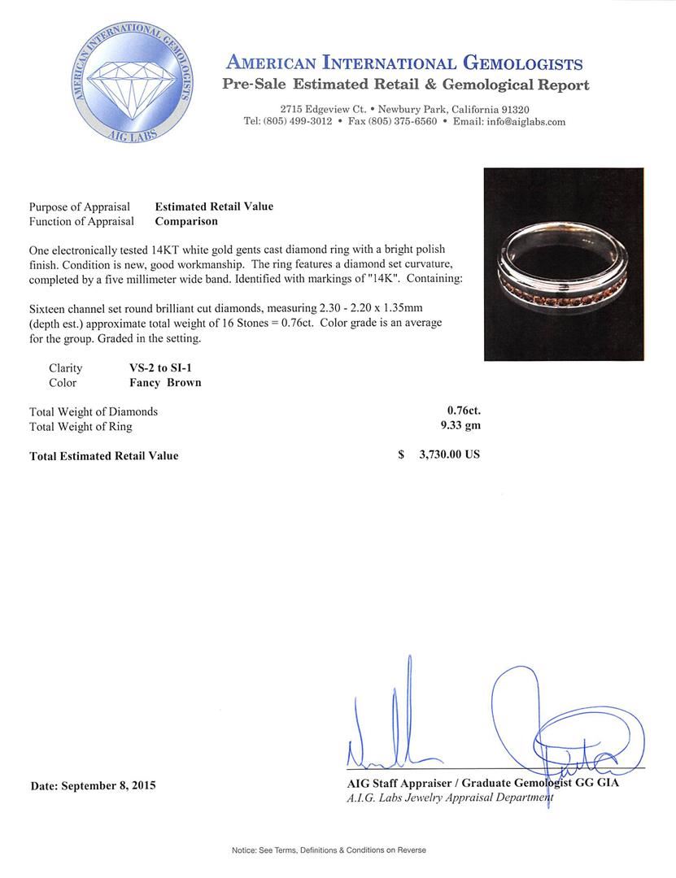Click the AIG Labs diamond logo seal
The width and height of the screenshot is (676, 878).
point(132,84)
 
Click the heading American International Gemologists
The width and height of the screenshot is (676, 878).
point(404,63)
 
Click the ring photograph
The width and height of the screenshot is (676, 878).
point(564,264)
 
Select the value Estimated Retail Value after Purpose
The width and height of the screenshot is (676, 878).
point(214,206)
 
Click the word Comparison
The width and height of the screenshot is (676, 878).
point(186,221)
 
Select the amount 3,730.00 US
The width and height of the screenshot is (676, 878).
point(449,455)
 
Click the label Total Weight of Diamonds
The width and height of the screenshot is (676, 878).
point(94,411)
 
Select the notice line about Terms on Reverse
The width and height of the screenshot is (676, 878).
point(329,850)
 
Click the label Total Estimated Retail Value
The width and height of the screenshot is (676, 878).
point(104,456)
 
